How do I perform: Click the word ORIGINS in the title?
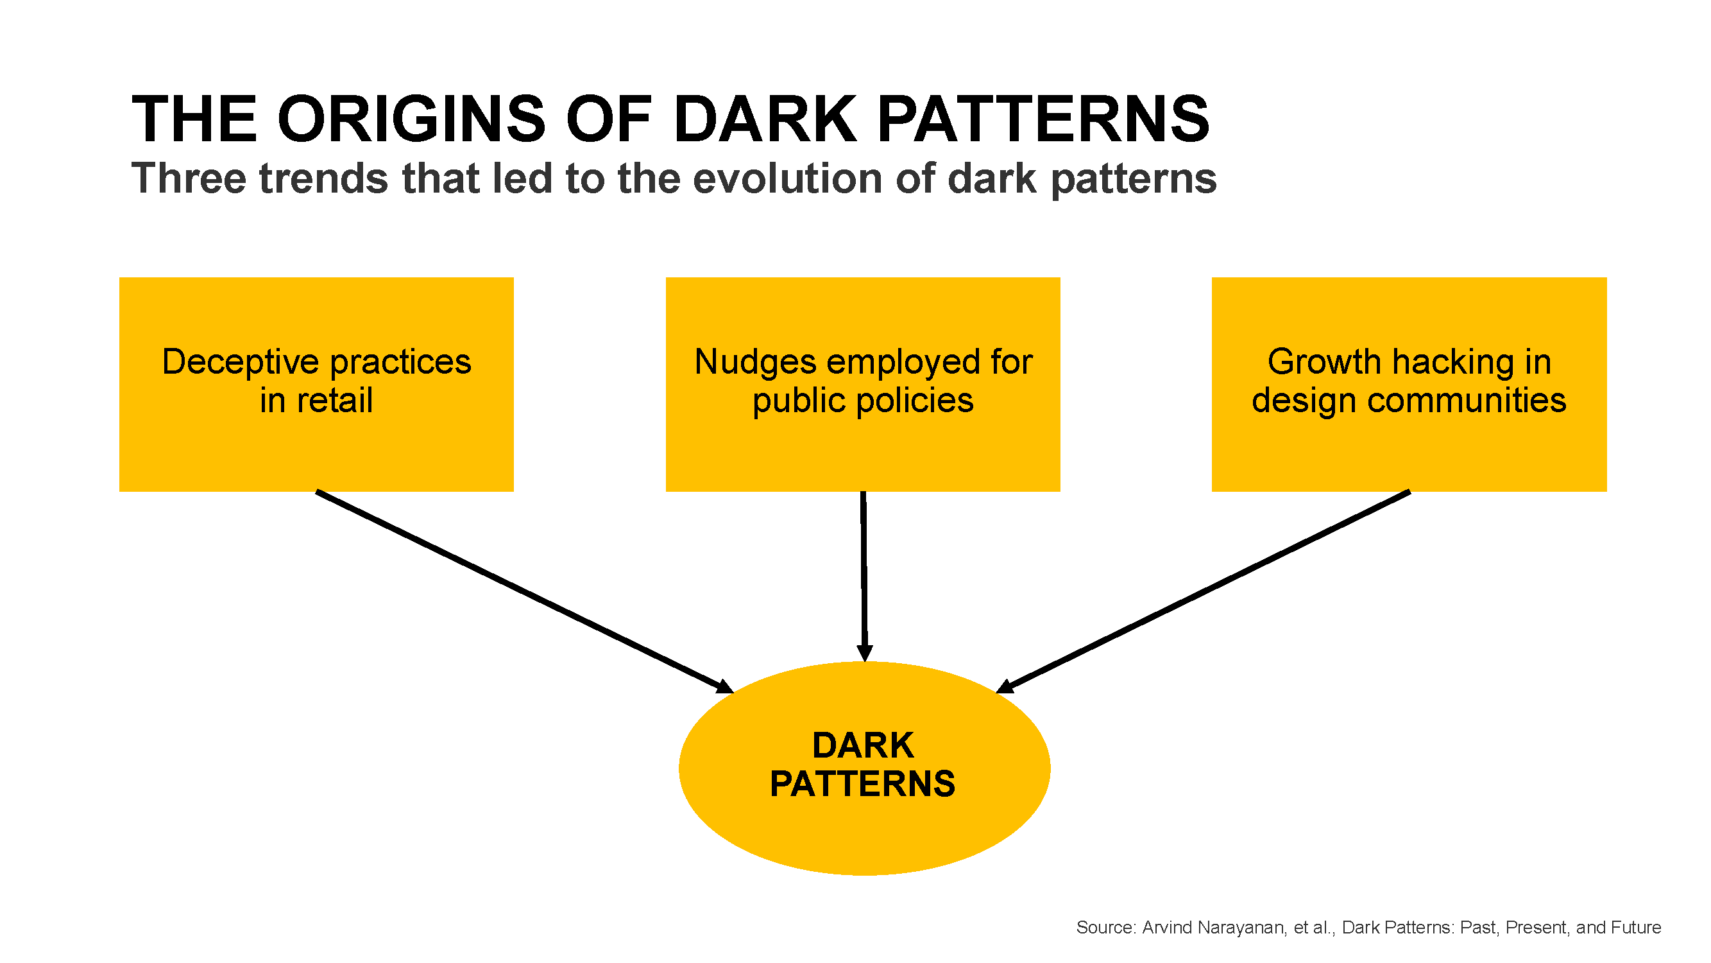pyautogui.click(x=412, y=119)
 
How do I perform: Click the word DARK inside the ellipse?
pyautogui.click(x=863, y=745)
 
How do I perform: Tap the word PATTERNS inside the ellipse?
pyautogui.click(x=863, y=785)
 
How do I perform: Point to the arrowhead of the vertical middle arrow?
pyautogui.click(x=864, y=653)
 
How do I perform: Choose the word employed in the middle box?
pyautogui.click(x=903, y=363)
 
